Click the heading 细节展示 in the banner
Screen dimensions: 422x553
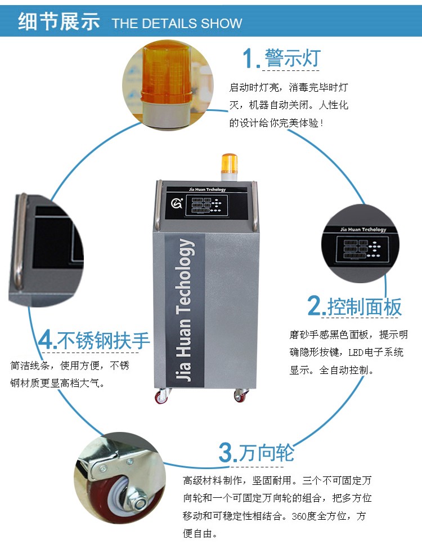(59, 21)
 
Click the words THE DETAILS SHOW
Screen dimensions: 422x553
(177, 24)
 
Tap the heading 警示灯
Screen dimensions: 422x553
(293, 57)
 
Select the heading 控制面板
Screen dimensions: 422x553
(365, 307)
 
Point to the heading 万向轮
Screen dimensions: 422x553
(267, 453)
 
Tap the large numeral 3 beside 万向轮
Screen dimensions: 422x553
(226, 453)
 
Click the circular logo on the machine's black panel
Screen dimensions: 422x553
(177, 203)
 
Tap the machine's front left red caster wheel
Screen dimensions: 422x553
(161, 396)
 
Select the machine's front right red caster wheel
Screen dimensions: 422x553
(241, 395)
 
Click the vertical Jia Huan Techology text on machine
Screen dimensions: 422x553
(184, 310)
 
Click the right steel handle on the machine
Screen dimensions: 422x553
(255, 206)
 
